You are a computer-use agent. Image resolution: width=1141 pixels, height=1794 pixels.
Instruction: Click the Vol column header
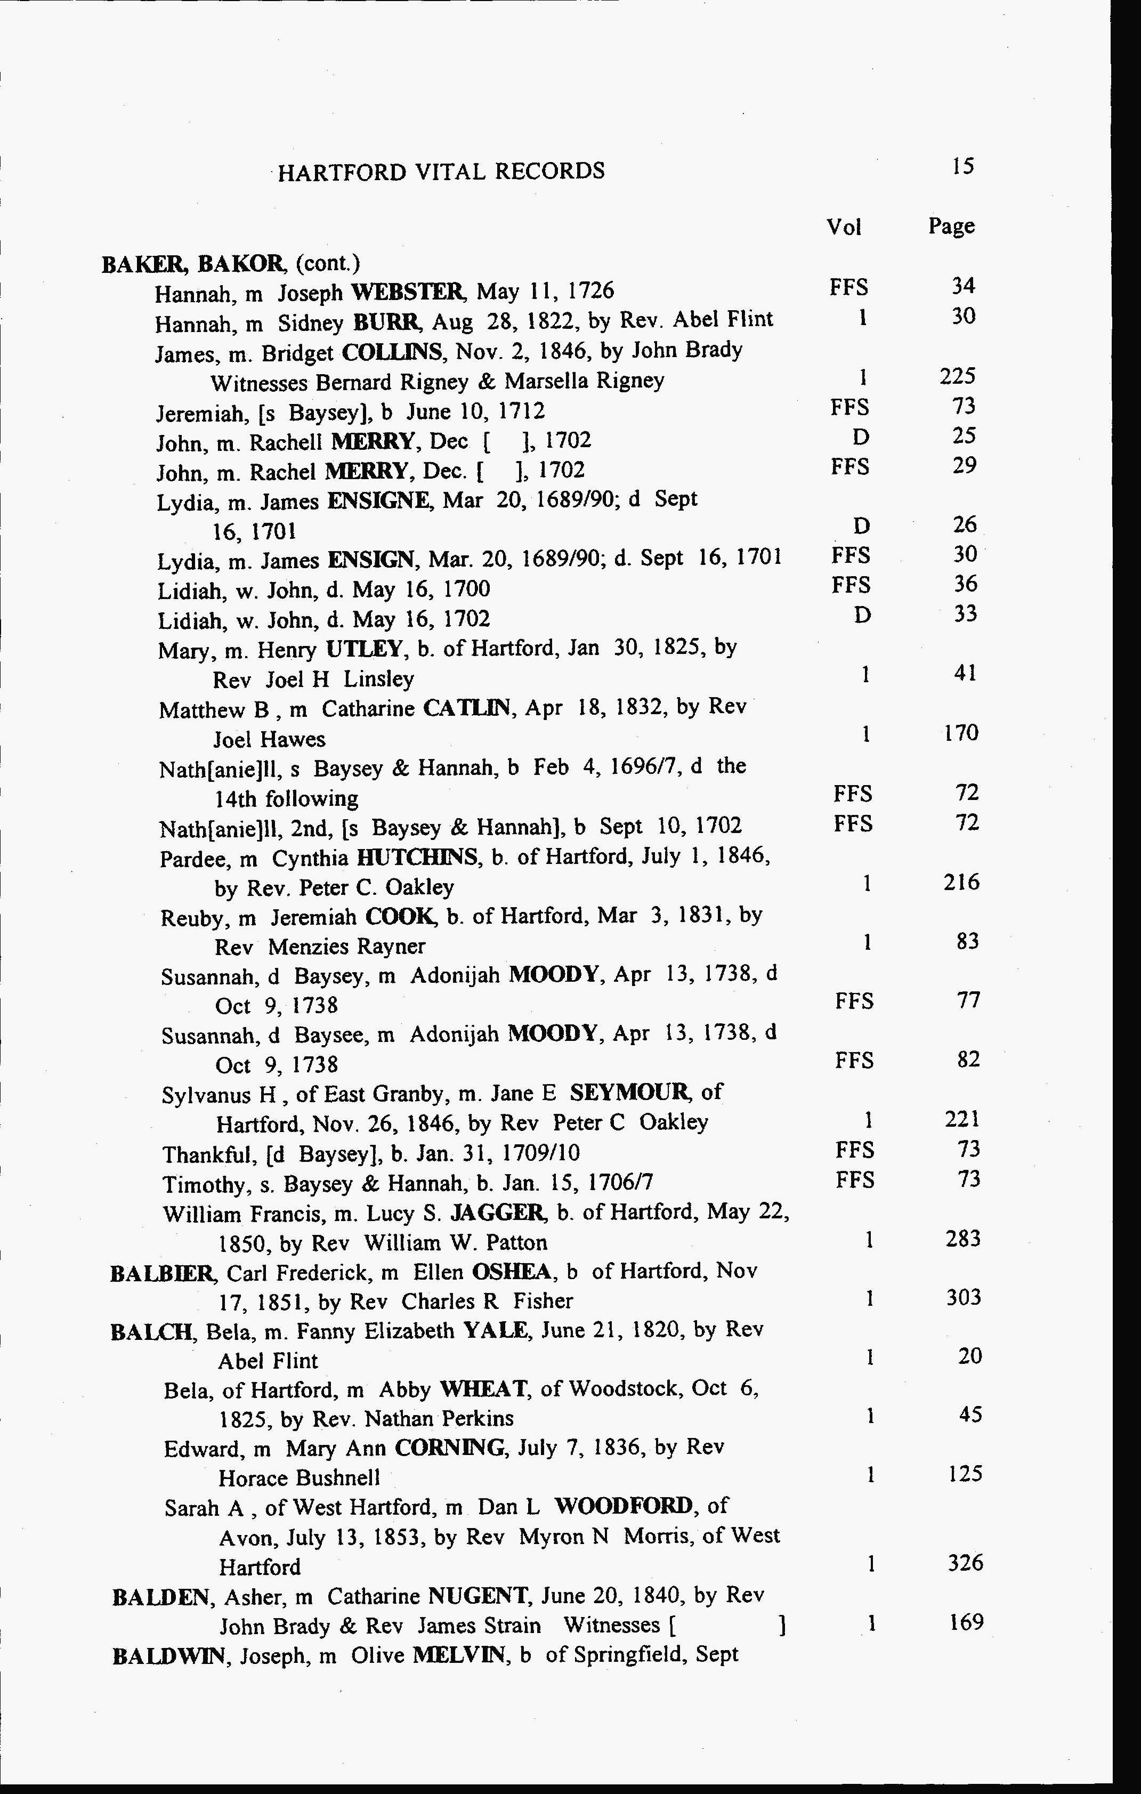click(x=844, y=227)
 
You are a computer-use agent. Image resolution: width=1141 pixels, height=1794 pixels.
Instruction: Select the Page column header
click(x=951, y=226)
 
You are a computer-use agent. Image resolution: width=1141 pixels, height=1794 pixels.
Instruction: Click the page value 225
click(x=957, y=376)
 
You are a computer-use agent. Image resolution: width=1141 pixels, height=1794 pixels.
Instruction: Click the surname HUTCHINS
click(x=417, y=858)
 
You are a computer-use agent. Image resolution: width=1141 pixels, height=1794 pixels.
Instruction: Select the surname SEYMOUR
click(x=631, y=1093)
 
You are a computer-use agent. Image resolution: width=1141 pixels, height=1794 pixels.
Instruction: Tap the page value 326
click(x=965, y=1562)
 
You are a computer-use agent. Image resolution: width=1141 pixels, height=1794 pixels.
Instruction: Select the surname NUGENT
click(x=478, y=1596)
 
